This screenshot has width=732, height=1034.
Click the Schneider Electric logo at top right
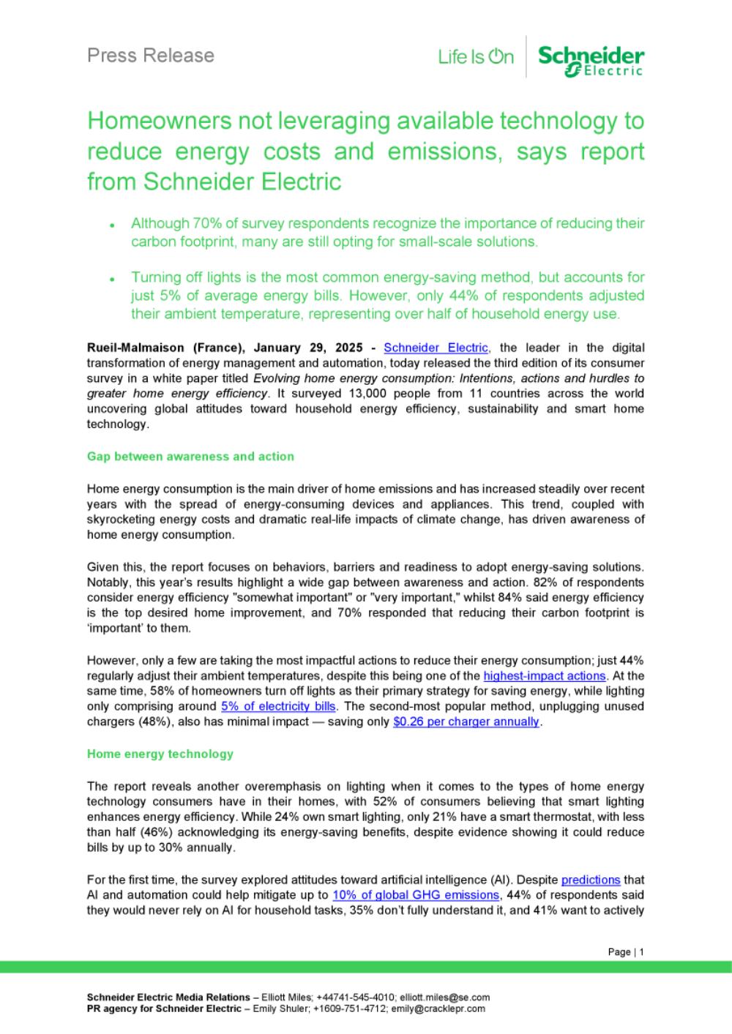pos(591,59)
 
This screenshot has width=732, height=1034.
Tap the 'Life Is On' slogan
pos(476,56)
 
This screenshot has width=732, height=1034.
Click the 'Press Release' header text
pos(150,55)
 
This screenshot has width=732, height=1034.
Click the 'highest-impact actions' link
pos(545,675)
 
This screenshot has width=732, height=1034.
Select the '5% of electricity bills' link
pos(278,706)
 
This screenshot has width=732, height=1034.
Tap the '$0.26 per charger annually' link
pos(466,722)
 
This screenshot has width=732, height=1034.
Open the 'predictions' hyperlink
pos(591,880)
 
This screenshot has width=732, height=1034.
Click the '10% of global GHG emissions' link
pos(415,895)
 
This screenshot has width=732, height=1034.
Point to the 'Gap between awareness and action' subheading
pos(190,457)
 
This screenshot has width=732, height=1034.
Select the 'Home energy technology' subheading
pos(160,754)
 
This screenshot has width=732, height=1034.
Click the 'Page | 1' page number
pos(626,952)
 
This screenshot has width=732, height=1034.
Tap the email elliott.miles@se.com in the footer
pos(446,997)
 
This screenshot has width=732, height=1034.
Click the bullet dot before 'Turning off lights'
pos(112,280)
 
